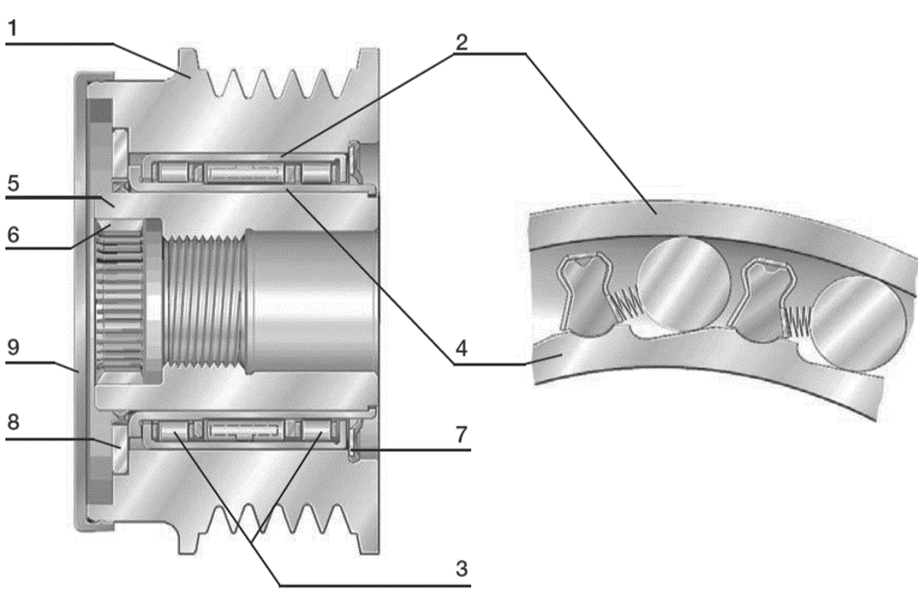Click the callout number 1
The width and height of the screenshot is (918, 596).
11,28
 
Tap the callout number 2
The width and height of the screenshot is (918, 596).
461,41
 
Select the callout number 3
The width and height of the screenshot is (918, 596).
461,568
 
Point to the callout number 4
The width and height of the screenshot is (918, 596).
461,348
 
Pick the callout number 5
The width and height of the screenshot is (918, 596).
13,184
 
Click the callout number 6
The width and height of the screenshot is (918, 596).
13,235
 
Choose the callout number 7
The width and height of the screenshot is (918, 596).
461,434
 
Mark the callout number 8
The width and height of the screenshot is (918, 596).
13,422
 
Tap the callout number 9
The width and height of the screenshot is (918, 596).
13,347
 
